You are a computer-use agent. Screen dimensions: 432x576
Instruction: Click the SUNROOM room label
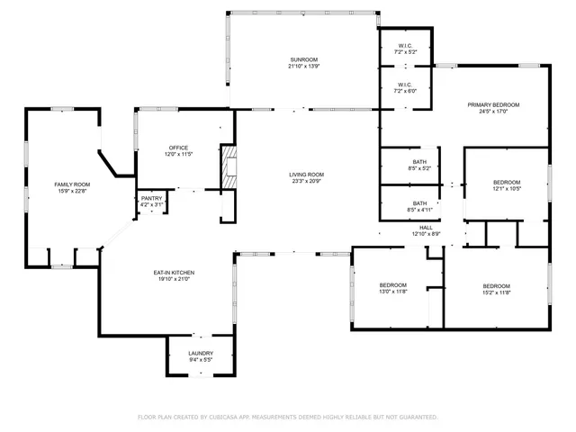coord(303,59)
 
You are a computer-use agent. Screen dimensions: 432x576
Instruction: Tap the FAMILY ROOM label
coord(72,184)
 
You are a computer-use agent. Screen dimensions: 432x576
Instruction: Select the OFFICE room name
coord(177,148)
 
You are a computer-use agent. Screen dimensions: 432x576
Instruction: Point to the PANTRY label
coord(151,198)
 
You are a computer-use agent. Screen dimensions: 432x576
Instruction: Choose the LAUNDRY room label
coord(201,353)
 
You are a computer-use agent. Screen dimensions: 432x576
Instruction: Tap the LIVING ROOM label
coord(306,175)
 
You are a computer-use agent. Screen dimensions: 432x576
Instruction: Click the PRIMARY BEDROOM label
coord(493,104)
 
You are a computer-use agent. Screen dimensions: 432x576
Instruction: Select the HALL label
coord(426,227)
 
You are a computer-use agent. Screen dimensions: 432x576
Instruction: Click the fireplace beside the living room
coord(230,167)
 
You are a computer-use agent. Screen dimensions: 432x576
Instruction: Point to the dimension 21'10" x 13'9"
coord(303,67)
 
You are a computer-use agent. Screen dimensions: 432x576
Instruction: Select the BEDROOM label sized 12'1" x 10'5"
coord(506,183)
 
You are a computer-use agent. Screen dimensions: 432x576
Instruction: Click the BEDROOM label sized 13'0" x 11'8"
coord(392,285)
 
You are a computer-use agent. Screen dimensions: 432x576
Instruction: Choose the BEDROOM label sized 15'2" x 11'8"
coord(496,285)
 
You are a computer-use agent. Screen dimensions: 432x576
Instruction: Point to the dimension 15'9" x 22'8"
coord(72,191)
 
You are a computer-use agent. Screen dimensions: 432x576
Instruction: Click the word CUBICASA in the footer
coord(230,417)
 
